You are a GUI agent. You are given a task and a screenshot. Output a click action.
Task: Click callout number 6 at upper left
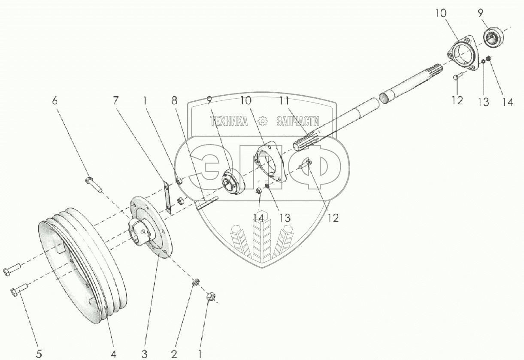[55, 101]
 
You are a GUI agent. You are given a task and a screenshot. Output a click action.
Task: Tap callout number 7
[115, 101]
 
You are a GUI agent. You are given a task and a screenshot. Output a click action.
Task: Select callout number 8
[174, 101]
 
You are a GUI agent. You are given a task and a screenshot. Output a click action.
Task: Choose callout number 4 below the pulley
[114, 354]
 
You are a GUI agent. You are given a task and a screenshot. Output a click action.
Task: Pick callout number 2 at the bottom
[174, 354]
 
